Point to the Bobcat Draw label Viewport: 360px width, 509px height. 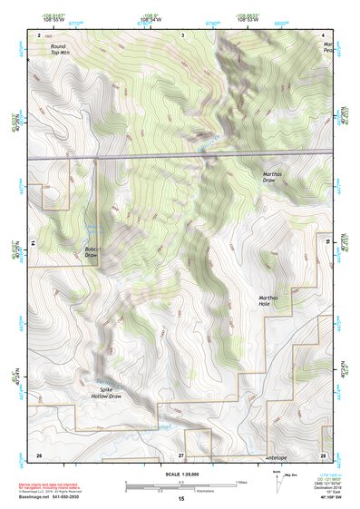pos(92,252)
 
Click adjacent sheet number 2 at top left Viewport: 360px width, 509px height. pos(39,34)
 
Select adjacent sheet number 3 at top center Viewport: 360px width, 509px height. pos(182,34)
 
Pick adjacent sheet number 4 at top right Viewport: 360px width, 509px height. pos(324,34)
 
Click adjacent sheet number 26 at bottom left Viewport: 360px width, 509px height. pos(39,454)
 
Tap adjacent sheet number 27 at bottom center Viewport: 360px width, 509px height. pos(181,454)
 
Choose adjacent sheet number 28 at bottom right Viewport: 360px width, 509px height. pos(323,454)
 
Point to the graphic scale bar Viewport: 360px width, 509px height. pos(180,484)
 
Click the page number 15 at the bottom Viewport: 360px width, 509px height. pos(181,499)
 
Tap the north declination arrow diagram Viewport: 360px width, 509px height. pos(277,482)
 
